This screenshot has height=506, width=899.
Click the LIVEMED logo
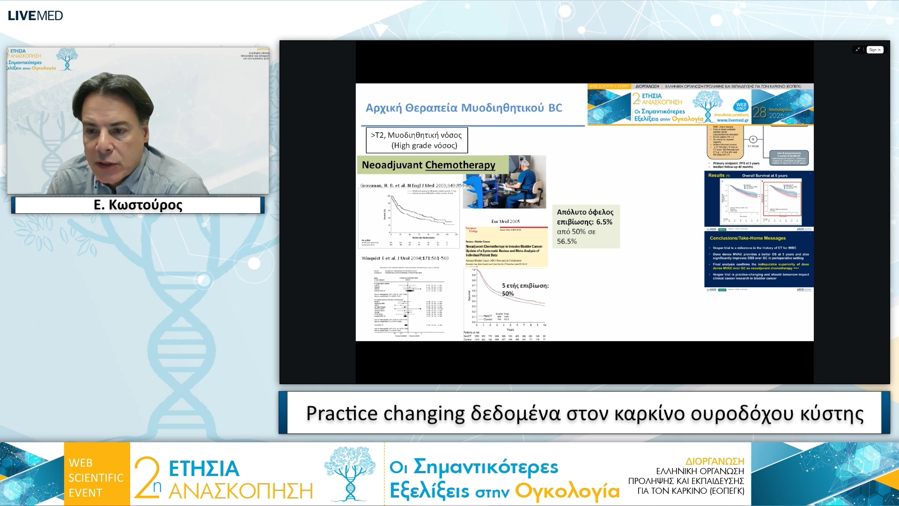coord(35,15)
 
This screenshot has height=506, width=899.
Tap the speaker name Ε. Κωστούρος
coord(138,205)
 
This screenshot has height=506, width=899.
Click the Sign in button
coord(874,50)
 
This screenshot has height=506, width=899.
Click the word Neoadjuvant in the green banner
coord(392,165)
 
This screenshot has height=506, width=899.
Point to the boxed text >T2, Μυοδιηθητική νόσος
coord(416,135)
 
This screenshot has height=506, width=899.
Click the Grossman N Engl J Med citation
coord(416,186)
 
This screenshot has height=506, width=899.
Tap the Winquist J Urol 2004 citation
coord(405,258)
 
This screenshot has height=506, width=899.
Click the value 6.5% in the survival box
coord(604,222)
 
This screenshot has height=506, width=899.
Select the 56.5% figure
coord(567,241)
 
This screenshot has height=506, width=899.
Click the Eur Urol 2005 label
coord(505,221)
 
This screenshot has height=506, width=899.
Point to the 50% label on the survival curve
coord(508,294)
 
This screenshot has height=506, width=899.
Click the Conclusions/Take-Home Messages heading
coord(747,238)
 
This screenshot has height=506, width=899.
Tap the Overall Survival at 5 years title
coord(765,176)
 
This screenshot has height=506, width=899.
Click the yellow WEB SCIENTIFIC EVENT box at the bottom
coord(96,477)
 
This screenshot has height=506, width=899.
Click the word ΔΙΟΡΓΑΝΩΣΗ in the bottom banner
coord(715,461)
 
